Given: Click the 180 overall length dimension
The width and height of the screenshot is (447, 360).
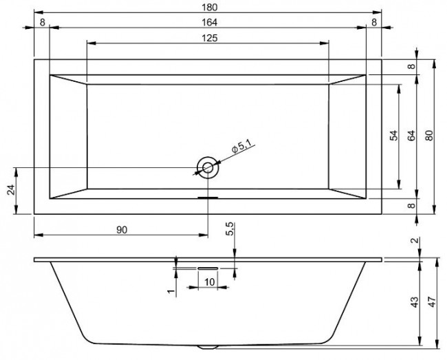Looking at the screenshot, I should (x=207, y=6).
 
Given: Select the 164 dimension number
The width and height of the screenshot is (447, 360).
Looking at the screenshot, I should (x=207, y=22).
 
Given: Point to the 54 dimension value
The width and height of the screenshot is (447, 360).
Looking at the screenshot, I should (x=394, y=136).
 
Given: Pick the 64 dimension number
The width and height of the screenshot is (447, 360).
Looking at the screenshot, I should (x=411, y=136).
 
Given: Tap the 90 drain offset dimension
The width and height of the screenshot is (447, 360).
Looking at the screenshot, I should (x=122, y=230).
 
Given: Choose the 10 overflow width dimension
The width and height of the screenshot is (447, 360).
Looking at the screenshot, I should (x=208, y=282).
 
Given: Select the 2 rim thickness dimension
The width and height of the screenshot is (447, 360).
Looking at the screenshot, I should (x=414, y=240).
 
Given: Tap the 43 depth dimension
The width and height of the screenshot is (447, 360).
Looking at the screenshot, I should (x=414, y=302).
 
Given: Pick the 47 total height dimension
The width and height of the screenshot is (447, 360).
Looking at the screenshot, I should (x=431, y=302).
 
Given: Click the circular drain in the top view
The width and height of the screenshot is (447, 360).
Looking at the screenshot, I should (x=208, y=167).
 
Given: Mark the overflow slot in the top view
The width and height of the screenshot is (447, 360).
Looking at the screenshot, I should (x=208, y=197).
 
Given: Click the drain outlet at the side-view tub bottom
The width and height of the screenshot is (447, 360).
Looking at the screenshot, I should (x=208, y=346).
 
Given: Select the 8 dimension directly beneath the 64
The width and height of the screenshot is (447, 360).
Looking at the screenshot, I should (x=411, y=205).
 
